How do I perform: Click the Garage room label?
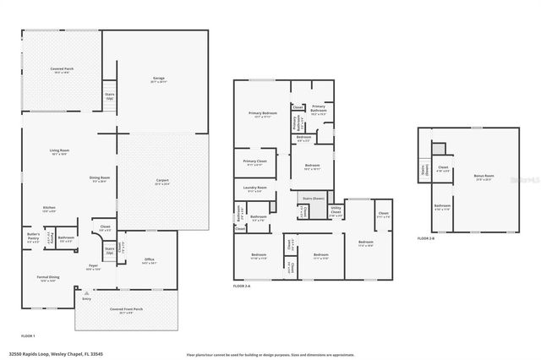coord(157,80)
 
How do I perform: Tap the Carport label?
coord(161,182)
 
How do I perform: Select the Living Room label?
coord(58,152)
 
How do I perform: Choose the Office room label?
coord(149,260)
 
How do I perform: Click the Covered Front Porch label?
coord(126,310)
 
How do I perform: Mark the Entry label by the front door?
coord(86,299)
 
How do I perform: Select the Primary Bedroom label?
coord(262,115)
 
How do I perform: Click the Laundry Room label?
coord(255,189)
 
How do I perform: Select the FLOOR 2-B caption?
coord(427,238)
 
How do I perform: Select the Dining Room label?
coord(100,179)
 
